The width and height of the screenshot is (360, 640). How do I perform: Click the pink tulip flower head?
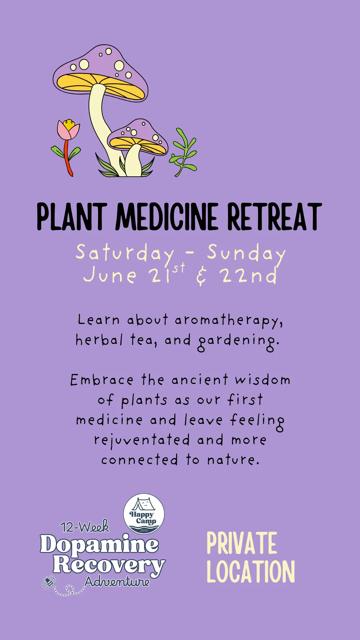[x=68, y=130]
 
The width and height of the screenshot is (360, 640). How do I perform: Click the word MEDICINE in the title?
[x=167, y=217]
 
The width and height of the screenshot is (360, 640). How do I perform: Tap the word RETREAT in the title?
[x=275, y=217]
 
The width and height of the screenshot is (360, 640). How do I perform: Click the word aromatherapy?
[x=229, y=321]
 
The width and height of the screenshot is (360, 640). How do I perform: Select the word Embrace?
[x=102, y=380]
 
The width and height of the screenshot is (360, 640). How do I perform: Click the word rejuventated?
[x=142, y=441]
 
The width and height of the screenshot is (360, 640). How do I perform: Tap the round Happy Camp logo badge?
[x=144, y=514]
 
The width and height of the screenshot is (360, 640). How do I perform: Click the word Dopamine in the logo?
[x=99, y=544]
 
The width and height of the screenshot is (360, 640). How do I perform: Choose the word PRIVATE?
[x=242, y=543]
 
